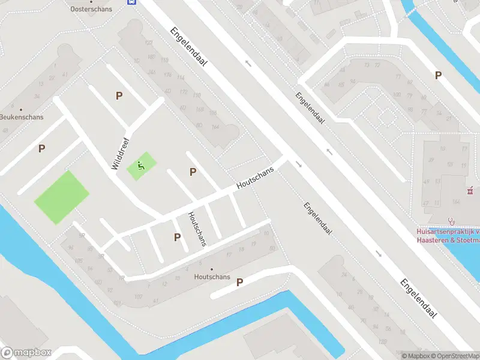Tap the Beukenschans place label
click(22, 117)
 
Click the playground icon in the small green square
click(142, 166)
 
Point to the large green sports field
click(61, 197)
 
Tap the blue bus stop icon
click(131, 2)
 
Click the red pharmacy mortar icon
click(471, 192)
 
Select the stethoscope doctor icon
click(452, 221)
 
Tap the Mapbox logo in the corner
click(26, 353)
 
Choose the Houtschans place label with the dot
click(212, 277)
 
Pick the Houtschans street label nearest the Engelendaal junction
click(255, 178)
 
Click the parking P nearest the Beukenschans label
click(41, 148)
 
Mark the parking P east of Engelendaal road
click(438, 75)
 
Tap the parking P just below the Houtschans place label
click(239, 282)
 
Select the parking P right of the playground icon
click(193, 172)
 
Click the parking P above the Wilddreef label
click(119, 95)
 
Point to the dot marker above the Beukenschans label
click(21, 110)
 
